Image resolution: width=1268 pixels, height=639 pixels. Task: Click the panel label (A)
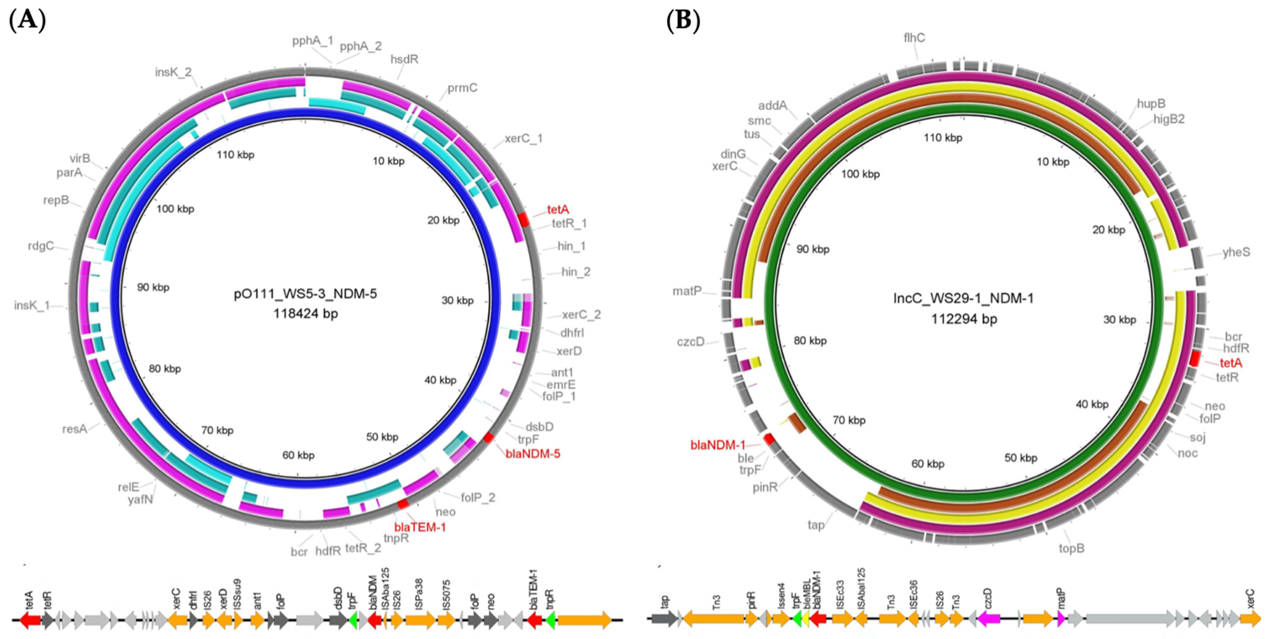point(28,21)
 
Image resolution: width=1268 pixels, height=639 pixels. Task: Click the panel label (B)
point(683,21)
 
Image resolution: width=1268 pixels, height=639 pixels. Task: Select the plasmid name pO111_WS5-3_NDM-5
point(305,294)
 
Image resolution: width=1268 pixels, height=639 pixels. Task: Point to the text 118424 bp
point(305,314)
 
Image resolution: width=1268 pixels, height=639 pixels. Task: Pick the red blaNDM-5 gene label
point(533,454)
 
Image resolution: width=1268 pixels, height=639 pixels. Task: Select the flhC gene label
point(914,37)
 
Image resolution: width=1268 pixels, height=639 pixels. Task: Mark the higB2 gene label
point(1169,119)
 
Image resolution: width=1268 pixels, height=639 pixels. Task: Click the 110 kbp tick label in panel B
point(943,138)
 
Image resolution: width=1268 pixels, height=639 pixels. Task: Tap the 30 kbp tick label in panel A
point(457,300)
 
